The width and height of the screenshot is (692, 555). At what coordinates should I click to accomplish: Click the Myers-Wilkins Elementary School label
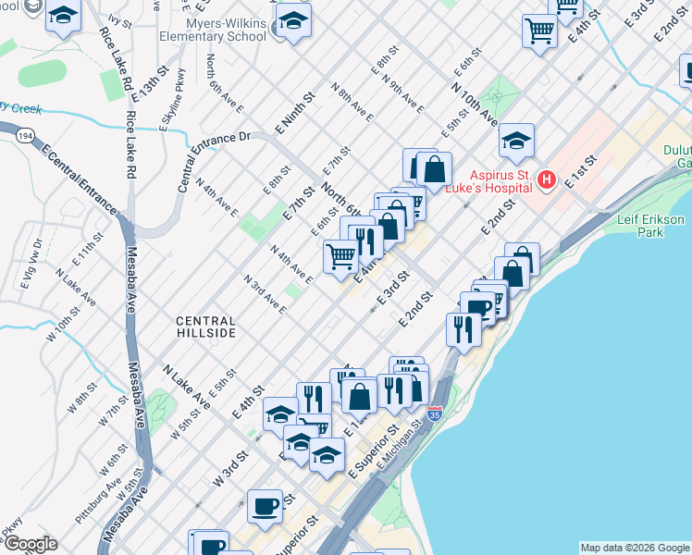click(x=226, y=30)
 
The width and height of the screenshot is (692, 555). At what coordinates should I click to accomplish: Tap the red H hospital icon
click(x=547, y=179)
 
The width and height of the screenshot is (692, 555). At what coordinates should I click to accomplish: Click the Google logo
click(x=30, y=544)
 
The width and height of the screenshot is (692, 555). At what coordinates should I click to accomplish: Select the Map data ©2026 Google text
click(x=635, y=548)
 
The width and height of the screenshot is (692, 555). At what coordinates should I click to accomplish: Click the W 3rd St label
click(x=230, y=468)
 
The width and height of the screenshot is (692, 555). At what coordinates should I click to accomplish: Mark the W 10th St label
click(x=67, y=328)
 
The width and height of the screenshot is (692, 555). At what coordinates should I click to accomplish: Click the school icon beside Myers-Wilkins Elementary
click(x=293, y=21)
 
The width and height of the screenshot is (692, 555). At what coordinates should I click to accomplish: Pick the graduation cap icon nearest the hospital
click(x=516, y=141)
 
